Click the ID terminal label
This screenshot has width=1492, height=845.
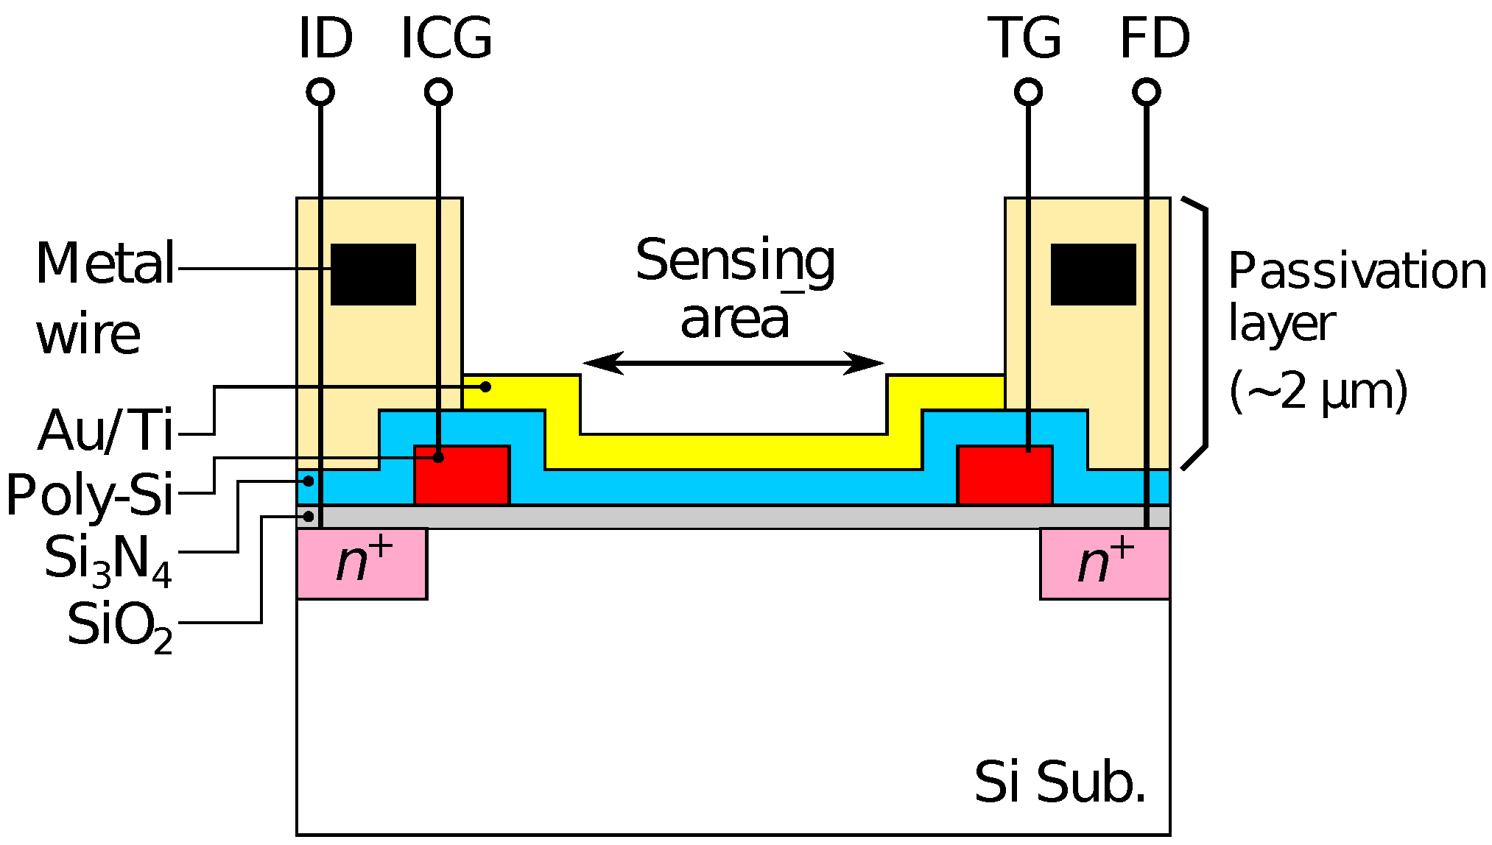(x=326, y=39)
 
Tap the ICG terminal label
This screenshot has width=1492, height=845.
(x=446, y=39)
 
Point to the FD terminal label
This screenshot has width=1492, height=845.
(x=1154, y=39)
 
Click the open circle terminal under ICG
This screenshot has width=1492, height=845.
(x=438, y=93)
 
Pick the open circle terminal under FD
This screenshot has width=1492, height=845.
(x=1146, y=93)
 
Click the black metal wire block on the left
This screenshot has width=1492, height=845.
(x=373, y=275)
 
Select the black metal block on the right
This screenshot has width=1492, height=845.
(x=1093, y=275)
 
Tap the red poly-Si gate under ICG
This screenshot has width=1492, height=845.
(x=462, y=475)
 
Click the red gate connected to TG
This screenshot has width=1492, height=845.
(x=1004, y=475)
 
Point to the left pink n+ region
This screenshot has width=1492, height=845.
(x=362, y=564)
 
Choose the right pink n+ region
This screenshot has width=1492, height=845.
(x=1105, y=564)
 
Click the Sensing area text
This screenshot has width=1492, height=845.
(x=735, y=289)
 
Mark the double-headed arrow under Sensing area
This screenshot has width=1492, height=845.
(x=733, y=363)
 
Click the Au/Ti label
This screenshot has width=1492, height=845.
(x=105, y=431)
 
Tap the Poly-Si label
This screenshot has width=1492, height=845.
(x=90, y=495)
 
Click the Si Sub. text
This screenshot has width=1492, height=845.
(x=1060, y=782)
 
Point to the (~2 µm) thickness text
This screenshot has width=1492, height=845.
(x=1317, y=392)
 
